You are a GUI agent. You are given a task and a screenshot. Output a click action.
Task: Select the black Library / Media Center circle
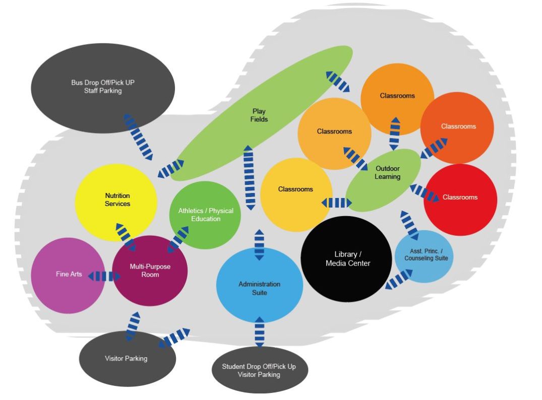[x=347, y=259]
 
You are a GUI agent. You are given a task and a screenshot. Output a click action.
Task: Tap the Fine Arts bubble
[x=69, y=275]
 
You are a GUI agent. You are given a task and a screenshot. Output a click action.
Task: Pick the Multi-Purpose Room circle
[x=150, y=271]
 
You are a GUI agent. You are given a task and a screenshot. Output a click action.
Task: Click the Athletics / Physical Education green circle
[x=205, y=215]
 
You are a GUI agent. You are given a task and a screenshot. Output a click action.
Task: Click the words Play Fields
[x=259, y=115]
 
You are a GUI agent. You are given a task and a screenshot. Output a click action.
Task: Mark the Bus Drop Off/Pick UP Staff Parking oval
[x=103, y=87]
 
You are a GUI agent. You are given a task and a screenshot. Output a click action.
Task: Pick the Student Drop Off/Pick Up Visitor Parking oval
[x=259, y=370]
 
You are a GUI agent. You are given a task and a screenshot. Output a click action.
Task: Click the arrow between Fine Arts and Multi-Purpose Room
[x=104, y=276]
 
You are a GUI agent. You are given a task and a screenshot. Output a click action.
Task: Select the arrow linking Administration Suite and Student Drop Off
[x=259, y=331]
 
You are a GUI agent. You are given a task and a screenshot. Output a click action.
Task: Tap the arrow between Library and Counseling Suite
[x=399, y=279]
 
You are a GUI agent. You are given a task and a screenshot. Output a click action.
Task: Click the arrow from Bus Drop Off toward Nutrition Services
[x=139, y=137]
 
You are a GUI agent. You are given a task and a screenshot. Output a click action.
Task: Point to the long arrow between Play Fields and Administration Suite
[x=249, y=177]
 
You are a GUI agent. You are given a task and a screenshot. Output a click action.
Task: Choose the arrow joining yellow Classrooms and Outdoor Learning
[x=336, y=203]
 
